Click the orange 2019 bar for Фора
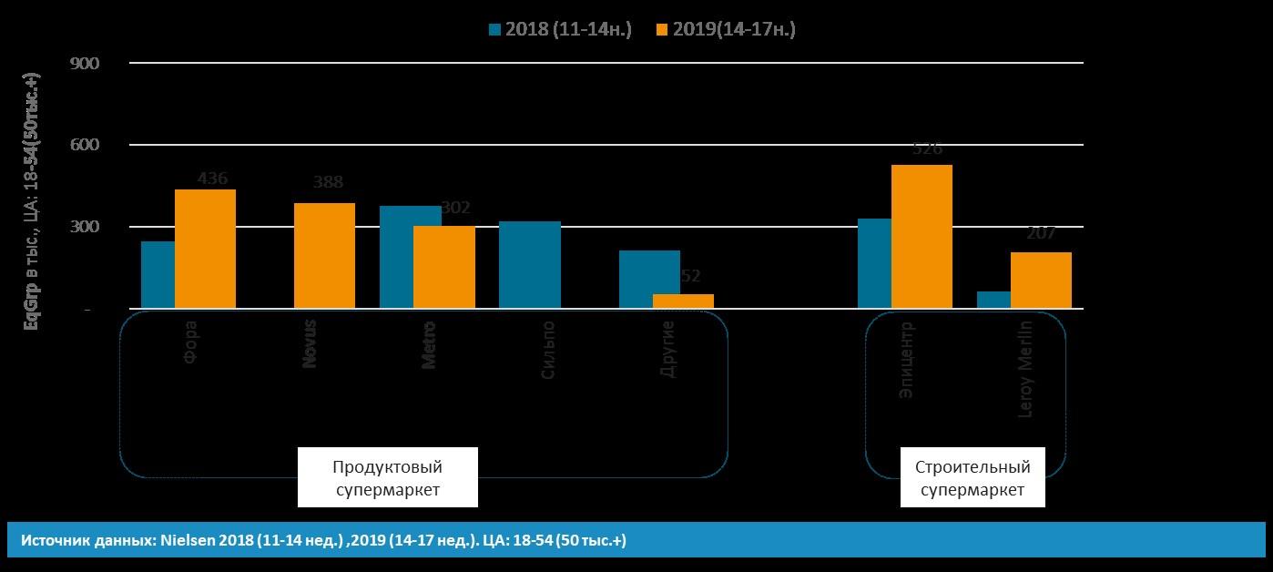tap(205, 249)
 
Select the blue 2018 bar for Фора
tap(158, 274)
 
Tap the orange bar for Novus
tap(324, 255)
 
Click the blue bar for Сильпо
tap(530, 264)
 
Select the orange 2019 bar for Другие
tap(683, 301)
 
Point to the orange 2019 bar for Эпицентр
tap(922, 237)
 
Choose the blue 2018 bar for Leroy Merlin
tap(993, 300)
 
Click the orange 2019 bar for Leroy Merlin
tap(1041, 280)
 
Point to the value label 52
tap(689, 276)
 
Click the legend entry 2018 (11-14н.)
tap(560, 29)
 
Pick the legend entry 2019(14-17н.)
tap(726, 29)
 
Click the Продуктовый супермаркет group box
tap(387, 478)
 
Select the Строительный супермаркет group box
tap(973, 478)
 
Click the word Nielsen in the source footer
tap(187, 540)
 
